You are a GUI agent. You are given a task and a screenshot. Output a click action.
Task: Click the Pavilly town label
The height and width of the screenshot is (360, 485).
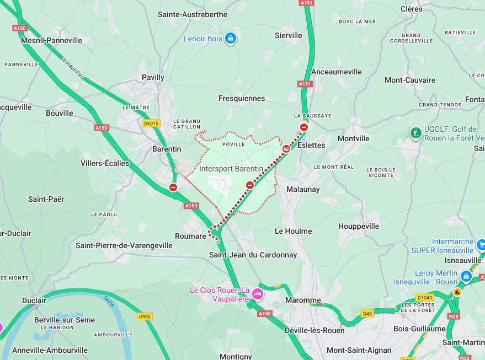(153, 78)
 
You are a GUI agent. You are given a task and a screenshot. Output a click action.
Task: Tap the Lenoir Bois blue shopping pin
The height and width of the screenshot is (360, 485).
(231, 39)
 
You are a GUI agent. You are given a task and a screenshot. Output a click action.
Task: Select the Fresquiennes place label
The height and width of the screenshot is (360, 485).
(242, 99)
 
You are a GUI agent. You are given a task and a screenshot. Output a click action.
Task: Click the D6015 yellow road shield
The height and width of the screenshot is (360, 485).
(151, 123)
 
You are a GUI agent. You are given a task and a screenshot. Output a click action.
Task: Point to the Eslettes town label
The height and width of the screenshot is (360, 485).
(311, 145)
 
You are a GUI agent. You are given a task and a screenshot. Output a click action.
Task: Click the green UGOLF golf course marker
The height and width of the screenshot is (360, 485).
(415, 133)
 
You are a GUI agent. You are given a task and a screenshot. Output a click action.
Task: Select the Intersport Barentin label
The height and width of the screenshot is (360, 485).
(231, 169)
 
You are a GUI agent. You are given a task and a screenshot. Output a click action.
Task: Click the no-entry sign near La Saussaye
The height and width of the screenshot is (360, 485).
(304, 127)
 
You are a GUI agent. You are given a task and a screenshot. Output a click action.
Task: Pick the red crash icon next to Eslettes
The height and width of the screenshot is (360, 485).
(286, 148)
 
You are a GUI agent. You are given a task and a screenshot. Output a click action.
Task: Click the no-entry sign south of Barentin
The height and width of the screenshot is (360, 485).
(173, 187)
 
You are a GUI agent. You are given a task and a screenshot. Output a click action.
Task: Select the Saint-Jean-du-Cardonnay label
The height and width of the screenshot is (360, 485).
(253, 255)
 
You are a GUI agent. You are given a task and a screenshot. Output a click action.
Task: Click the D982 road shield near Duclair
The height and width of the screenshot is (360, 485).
(145, 316)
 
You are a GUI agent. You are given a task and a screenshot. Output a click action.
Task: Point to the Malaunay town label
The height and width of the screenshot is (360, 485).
(303, 189)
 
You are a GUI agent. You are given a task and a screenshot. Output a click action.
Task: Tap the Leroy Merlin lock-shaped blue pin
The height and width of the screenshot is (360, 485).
(466, 276)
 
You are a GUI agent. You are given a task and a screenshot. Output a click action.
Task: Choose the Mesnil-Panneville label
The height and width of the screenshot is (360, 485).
(51, 40)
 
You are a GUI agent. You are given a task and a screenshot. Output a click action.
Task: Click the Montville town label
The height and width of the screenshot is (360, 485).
(353, 138)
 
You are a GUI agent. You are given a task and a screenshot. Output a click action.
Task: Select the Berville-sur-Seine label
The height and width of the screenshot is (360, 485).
(65, 320)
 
